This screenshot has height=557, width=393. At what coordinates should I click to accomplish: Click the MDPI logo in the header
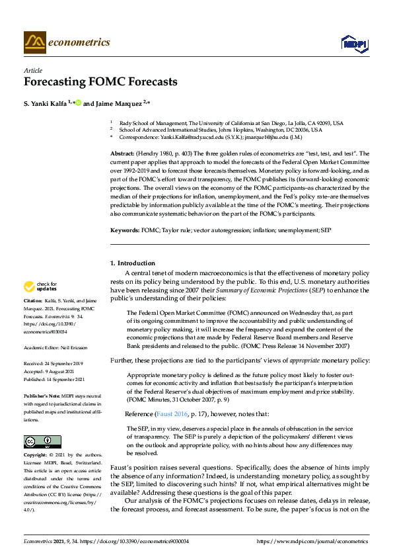tap(354, 43)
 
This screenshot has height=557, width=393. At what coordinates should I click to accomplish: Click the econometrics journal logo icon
tap(35, 42)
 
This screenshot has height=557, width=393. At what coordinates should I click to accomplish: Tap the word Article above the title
tap(32, 70)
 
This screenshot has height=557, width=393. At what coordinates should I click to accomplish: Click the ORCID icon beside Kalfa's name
tap(78, 103)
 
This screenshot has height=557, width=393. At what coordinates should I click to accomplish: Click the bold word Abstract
tap(122, 153)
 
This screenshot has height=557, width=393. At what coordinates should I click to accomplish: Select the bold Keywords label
tap(124, 230)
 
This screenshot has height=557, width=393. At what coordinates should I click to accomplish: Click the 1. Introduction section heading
tap(133, 263)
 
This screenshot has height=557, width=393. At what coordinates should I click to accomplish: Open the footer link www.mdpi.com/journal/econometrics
tap(312, 541)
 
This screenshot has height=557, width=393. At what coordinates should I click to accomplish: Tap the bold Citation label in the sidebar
tap(34, 318)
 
